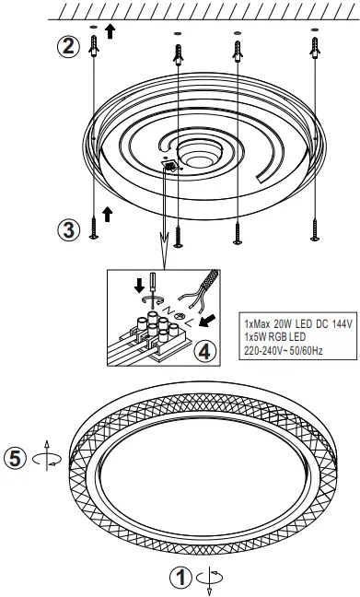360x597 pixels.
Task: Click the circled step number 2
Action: (x=68, y=46)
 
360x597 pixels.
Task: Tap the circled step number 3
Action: (x=68, y=230)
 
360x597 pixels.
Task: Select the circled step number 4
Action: (x=204, y=351)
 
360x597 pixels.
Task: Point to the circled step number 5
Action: (x=15, y=458)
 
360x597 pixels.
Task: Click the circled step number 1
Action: (x=180, y=578)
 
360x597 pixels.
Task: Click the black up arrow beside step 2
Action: (x=110, y=31)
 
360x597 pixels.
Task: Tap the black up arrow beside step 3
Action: (x=108, y=215)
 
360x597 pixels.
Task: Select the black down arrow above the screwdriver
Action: (x=140, y=286)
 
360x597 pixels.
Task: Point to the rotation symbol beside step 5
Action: (x=46, y=456)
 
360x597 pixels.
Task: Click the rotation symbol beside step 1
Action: (x=210, y=579)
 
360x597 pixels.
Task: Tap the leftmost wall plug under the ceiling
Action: (x=94, y=46)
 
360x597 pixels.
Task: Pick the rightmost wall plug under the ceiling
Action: (x=315, y=48)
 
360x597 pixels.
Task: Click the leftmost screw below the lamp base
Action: (x=94, y=228)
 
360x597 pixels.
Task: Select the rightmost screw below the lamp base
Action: (x=315, y=230)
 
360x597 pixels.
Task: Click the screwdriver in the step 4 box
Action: (x=152, y=287)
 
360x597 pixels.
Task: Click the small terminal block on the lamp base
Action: (x=169, y=166)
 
